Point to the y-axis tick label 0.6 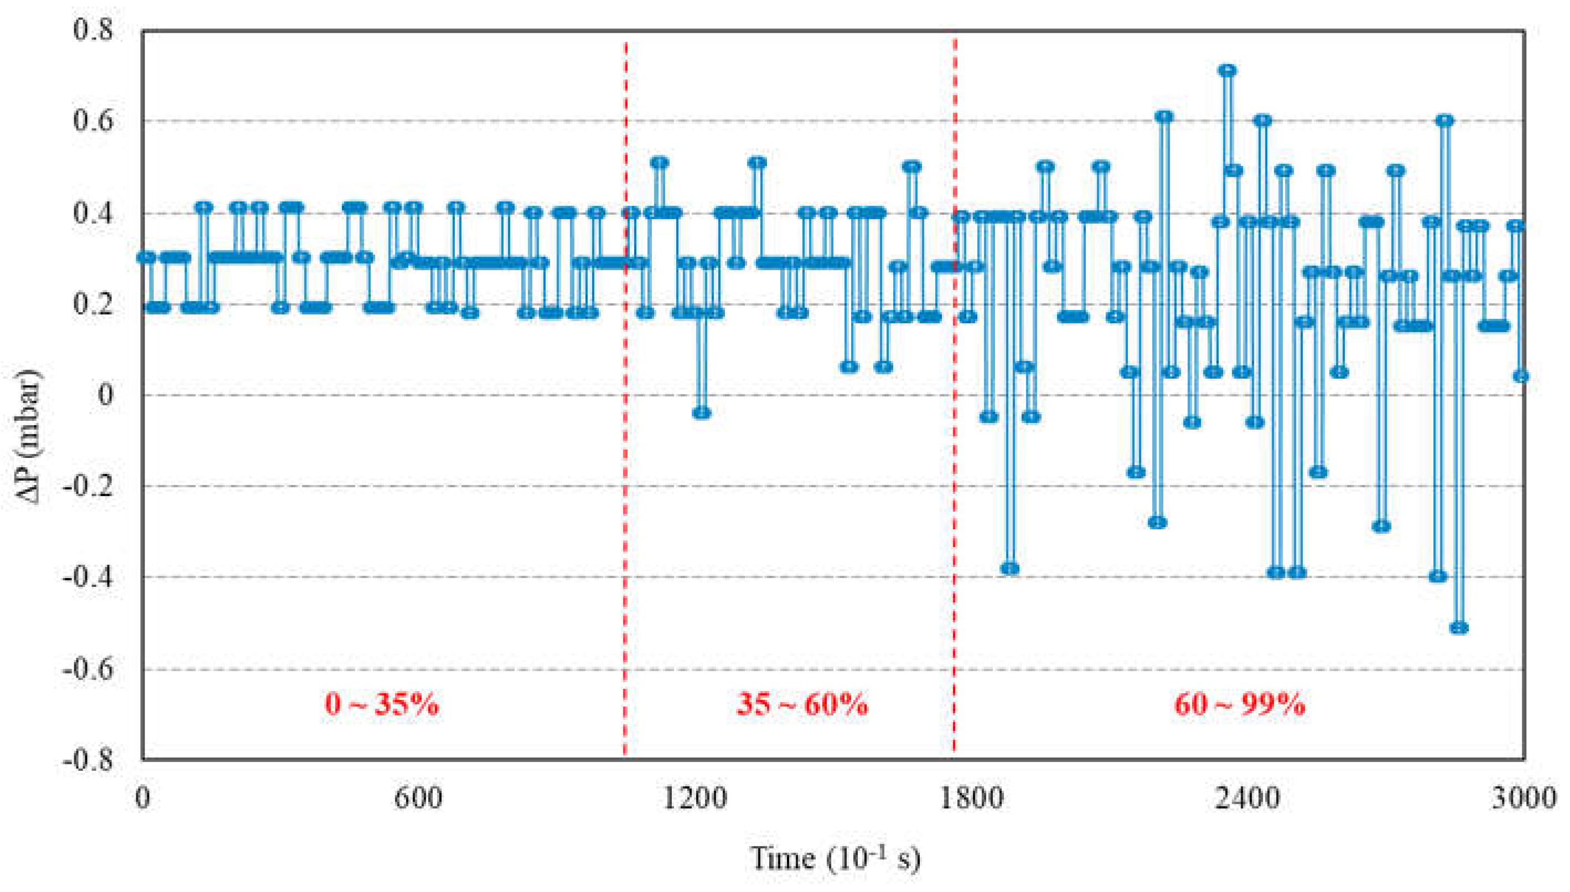coord(93,121)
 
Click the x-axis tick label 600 coord(419,798)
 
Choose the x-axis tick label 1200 coord(695,798)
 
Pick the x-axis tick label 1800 coord(971,798)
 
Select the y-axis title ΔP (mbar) coord(28,436)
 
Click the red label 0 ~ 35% coord(382,704)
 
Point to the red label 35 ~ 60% coord(801,704)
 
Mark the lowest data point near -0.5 coord(1459,628)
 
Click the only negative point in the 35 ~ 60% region coord(702,413)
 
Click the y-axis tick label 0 coord(105,395)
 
